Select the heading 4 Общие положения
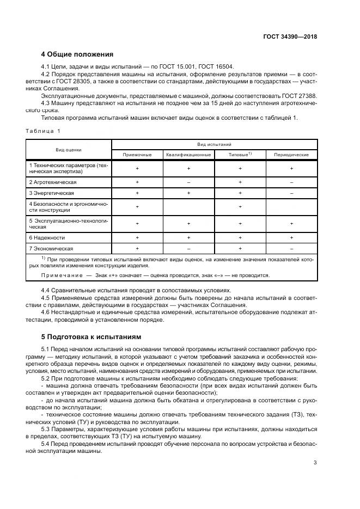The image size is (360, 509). [x=77, y=54]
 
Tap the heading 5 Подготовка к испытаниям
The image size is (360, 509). [x=91, y=337]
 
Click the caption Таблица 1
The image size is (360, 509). [x=43, y=131]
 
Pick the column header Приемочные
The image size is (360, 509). [x=137, y=155]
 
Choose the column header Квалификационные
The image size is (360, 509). [x=188, y=155]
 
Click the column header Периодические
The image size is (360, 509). [x=291, y=155]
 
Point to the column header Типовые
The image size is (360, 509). [x=240, y=155]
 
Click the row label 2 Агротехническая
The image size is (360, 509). [x=53, y=181]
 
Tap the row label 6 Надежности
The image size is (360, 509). [x=47, y=237]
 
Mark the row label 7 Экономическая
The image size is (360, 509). [x=51, y=249]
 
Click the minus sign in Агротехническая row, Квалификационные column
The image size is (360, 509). [x=188, y=181]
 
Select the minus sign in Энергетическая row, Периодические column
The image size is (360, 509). [x=291, y=193]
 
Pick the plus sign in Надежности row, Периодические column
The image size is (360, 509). [x=291, y=237]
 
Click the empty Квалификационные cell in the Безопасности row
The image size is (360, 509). [x=188, y=207]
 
